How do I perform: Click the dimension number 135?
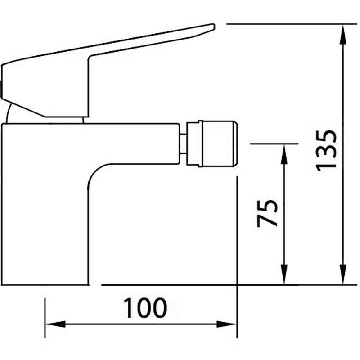tap(326, 151)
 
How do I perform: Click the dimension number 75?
tap(267, 213)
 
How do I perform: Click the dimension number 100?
tap(145, 308)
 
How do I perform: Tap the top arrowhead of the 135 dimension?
tap(343, 35)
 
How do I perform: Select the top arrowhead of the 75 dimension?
tap(284, 154)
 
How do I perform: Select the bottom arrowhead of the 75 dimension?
tap(284, 274)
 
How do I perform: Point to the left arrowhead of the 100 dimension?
tap(55, 324)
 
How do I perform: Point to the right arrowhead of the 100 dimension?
tap(227, 324)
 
